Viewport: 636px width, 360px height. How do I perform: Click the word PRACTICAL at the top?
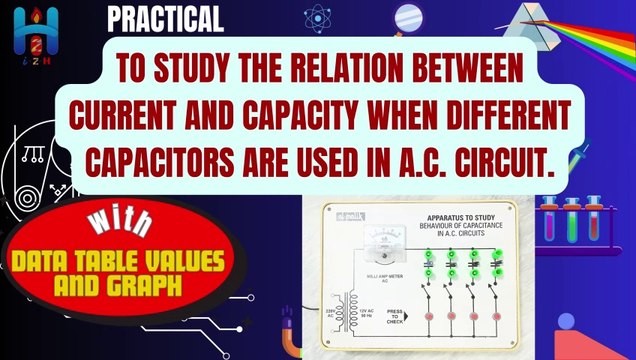pyautogui.click(x=166, y=19)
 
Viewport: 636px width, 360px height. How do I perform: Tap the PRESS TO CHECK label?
pyautogui.click(x=398, y=313)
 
